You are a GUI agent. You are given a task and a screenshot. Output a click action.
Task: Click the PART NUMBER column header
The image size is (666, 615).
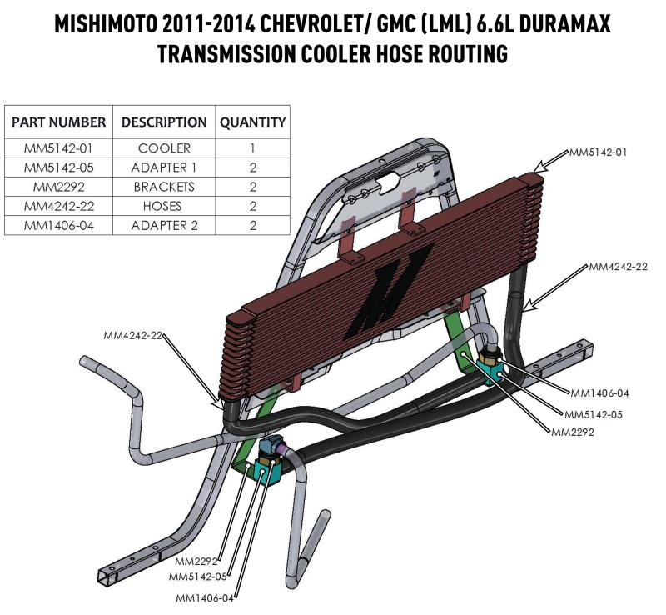pyautogui.click(x=58, y=122)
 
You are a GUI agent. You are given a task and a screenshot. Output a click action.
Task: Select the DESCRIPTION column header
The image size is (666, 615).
pyautogui.click(x=164, y=122)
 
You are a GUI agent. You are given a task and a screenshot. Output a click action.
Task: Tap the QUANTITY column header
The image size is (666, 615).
pyautogui.click(x=252, y=122)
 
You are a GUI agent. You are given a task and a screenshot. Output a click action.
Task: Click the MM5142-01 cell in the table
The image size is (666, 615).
pyautogui.click(x=58, y=148)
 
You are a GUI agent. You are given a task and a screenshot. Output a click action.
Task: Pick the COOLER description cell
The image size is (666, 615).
pyautogui.click(x=164, y=148)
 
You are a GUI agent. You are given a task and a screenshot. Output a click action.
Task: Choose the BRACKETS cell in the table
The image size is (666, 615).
pyautogui.click(x=164, y=187)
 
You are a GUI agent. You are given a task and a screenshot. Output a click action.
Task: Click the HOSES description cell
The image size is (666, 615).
pyautogui.click(x=164, y=206)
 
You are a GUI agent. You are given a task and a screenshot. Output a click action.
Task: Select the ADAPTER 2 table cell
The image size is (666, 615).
pyautogui.click(x=164, y=225)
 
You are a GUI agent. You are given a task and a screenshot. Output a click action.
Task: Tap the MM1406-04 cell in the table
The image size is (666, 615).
pyautogui.click(x=58, y=225)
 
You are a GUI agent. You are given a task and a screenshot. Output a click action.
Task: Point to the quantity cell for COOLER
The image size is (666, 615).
pyautogui.click(x=252, y=148)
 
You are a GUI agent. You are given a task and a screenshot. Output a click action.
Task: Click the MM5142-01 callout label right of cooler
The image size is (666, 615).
pyautogui.click(x=598, y=153)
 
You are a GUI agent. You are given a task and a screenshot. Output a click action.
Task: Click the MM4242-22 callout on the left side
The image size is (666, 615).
pyautogui.click(x=133, y=336)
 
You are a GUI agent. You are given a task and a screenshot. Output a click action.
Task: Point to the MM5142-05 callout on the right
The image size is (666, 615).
pyautogui.click(x=594, y=414)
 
